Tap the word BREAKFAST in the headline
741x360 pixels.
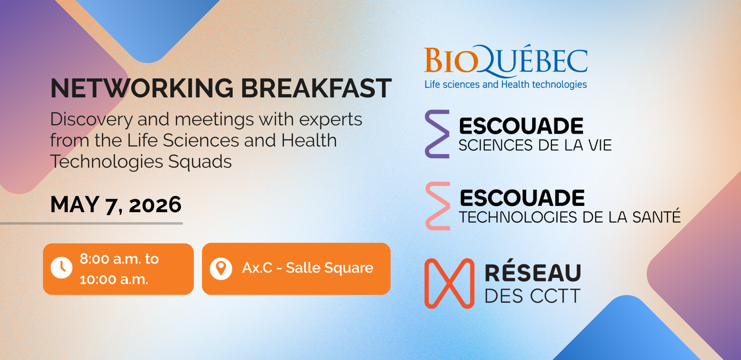coord(316,88)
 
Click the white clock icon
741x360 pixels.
coord(61,268)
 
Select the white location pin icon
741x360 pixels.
coord(221,269)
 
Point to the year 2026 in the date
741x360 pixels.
coord(155,205)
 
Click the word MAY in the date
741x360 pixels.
coord(75,204)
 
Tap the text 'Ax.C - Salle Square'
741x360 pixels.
coord(308,268)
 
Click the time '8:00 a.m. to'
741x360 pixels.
coord(119,259)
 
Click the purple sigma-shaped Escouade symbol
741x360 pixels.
coord(437,134)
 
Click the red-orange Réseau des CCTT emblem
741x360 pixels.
coord(449,284)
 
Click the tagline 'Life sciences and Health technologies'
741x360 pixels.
coord(506,85)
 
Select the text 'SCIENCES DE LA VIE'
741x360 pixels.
coord(535,145)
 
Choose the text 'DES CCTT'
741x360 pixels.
coord(533,296)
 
